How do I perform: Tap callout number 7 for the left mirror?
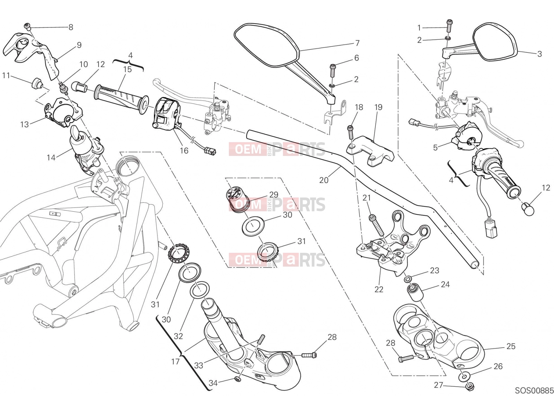[357, 43]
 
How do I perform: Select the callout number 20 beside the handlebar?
[323, 180]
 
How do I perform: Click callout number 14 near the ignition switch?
[51, 158]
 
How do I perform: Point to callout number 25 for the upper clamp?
[511, 346]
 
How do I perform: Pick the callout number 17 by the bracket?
[175, 362]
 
